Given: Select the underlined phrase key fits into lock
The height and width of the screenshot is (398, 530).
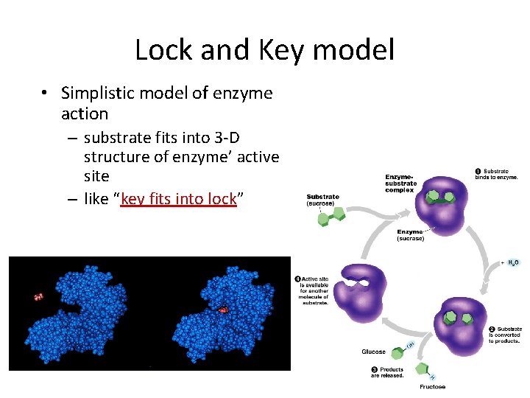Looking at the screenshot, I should [178, 199].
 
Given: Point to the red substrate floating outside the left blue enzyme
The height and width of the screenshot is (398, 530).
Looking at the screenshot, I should [39, 297].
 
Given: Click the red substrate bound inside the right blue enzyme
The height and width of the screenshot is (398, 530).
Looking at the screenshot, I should [222, 310].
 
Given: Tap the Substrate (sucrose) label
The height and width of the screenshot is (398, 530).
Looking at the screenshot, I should [322, 200].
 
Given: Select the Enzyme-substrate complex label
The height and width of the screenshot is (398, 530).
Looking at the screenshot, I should [400, 184].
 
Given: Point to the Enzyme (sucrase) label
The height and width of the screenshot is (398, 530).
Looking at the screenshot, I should [410, 235].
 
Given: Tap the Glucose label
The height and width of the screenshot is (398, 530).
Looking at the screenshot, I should [373, 352].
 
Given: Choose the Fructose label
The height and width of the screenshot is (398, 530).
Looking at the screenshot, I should [432, 387].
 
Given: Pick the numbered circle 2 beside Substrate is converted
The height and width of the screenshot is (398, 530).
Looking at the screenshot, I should [492, 329].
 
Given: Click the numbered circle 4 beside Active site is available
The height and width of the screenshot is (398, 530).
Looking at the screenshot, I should [298, 279].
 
